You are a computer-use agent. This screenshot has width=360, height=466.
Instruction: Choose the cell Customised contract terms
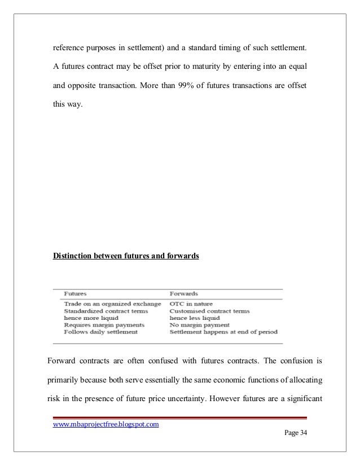[x=209, y=311]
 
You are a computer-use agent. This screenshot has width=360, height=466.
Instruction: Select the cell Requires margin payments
[x=96, y=326]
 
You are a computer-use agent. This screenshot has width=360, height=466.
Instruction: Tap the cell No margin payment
[x=199, y=326]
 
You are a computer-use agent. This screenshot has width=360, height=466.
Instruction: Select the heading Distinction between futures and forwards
[x=126, y=255]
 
